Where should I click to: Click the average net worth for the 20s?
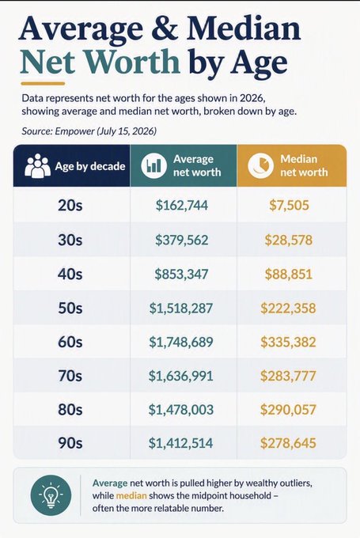point(181,205)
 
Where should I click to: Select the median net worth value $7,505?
point(289,205)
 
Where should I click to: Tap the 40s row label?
point(70,274)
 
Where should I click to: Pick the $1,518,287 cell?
point(181,308)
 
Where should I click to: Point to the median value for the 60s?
point(288,342)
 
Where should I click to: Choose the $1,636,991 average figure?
point(181,376)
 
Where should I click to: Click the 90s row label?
point(70,442)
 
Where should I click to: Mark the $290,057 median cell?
point(288,409)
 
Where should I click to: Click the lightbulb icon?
point(51,495)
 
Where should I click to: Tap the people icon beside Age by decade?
point(38,165)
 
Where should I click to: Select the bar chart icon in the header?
point(153,165)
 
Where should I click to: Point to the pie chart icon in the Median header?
point(261,165)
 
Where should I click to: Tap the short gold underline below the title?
point(43,83)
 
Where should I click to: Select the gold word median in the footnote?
point(131,496)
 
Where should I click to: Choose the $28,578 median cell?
point(289,240)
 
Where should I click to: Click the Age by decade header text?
point(90,166)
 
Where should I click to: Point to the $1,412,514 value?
point(181,443)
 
